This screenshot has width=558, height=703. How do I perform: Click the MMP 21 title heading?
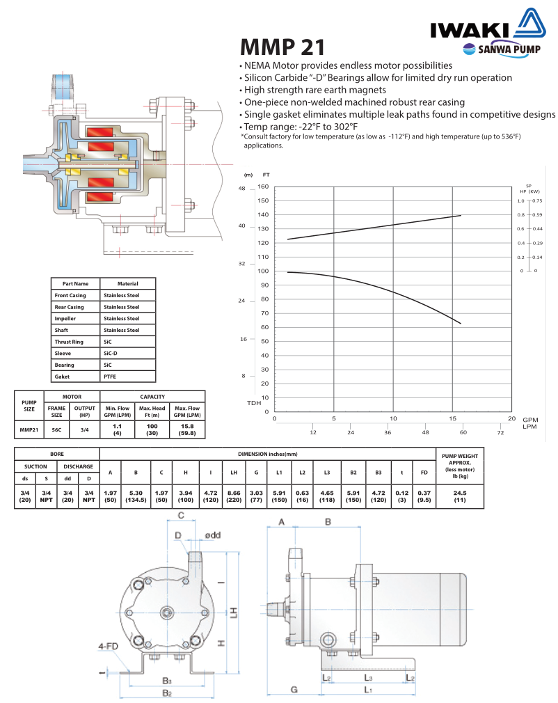click(282, 47)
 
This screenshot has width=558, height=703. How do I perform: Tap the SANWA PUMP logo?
click(497, 49)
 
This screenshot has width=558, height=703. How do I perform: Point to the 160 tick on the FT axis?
click(262, 187)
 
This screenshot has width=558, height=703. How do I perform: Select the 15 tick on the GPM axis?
click(452, 418)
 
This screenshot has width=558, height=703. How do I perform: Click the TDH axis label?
click(254, 403)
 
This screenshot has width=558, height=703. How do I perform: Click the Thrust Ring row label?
click(69, 342)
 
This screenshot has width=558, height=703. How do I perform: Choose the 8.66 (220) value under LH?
click(234, 496)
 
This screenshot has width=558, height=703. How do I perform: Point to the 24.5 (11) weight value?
click(459, 496)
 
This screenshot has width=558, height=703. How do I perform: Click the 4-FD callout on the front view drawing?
click(108, 646)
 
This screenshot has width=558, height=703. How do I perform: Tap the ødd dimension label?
click(213, 535)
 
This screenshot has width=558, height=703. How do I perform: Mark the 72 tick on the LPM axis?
click(500, 432)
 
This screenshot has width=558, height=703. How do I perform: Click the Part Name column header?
click(76, 283)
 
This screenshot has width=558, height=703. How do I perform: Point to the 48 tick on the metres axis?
click(242, 189)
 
